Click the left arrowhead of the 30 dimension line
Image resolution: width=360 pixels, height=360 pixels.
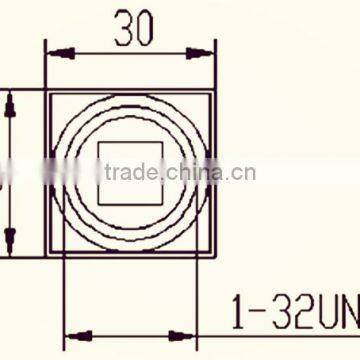tap(52, 49)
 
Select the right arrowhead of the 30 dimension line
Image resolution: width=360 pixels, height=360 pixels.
tap(208, 49)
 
